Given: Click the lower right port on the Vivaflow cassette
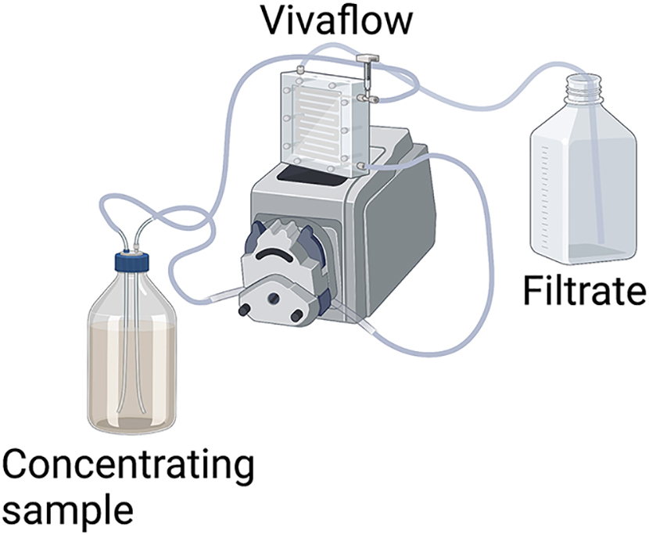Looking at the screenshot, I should point(362,166).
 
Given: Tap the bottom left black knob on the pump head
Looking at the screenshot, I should point(242,310).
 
